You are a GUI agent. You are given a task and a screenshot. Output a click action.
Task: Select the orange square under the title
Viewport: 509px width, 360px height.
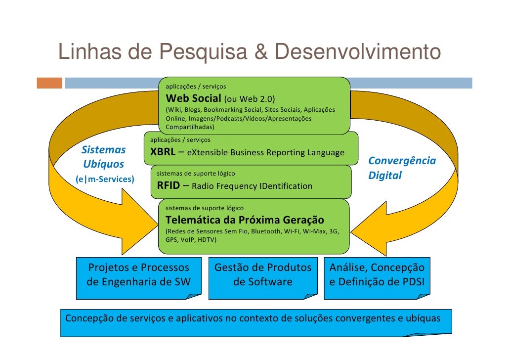(49, 83)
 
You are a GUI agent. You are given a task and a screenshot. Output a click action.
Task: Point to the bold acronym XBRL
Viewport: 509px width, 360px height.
(163, 152)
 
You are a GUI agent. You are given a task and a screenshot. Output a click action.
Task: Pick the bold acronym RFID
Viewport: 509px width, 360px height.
(169, 186)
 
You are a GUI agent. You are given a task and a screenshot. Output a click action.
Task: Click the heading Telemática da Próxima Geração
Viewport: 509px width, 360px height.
(245, 220)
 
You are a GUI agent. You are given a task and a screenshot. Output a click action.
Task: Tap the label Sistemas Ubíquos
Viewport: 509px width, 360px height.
(103, 157)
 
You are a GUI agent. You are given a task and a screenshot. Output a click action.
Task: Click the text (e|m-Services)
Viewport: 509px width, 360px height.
(104, 179)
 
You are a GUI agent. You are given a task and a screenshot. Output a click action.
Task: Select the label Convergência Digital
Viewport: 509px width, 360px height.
(402, 168)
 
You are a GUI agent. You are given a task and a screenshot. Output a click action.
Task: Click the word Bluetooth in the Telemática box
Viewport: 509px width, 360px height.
(267, 231)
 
